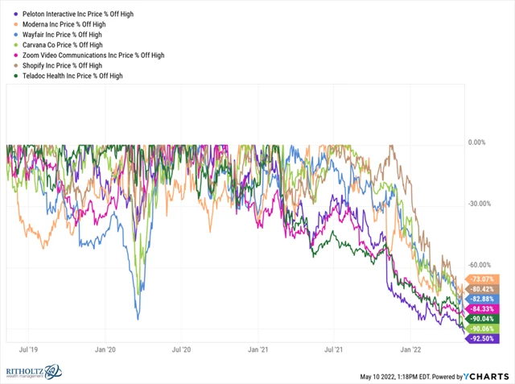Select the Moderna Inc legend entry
56,25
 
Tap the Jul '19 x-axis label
28,351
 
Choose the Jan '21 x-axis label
258,351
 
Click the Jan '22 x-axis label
412,351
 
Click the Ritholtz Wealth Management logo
37,372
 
